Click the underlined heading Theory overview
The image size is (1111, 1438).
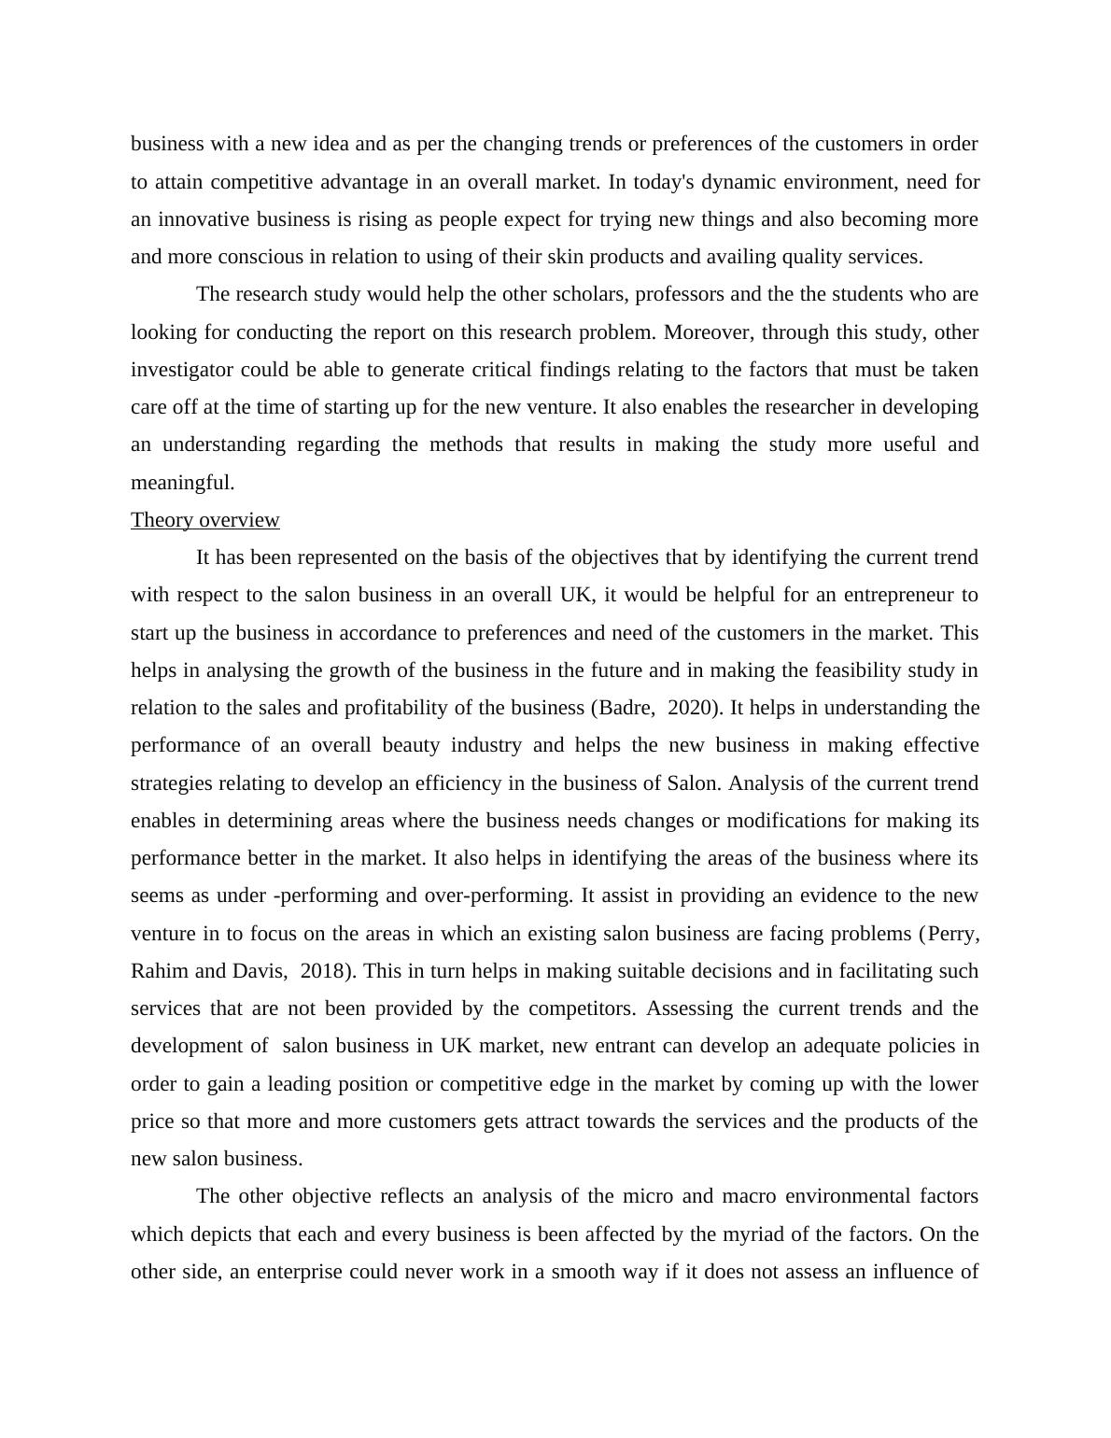[205, 520]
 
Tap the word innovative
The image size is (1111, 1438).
[204, 219]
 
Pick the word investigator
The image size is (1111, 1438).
[183, 370]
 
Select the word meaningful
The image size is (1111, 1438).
[182, 483]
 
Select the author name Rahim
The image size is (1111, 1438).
[160, 971]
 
